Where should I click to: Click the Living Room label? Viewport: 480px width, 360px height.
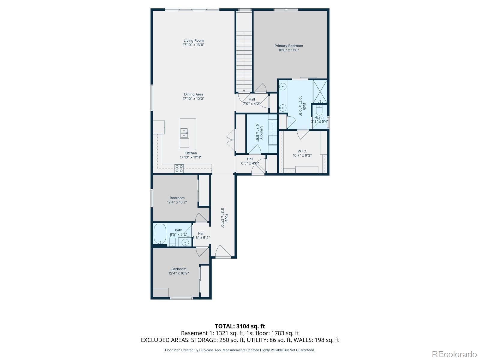click(193, 41)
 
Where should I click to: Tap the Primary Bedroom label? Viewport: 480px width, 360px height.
click(289, 46)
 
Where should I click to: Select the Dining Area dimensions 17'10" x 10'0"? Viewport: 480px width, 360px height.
click(193, 99)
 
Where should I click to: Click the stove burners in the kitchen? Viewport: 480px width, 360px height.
click(179, 169)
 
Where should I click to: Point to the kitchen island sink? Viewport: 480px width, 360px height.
click(184, 133)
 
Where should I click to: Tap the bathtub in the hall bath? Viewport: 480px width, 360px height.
click(160, 234)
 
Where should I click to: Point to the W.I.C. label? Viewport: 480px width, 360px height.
click(302, 151)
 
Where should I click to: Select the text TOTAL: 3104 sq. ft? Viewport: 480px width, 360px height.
click(240, 326)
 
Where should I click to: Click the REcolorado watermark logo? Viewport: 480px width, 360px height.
click(454, 354)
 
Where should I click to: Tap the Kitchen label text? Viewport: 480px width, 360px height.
click(190, 153)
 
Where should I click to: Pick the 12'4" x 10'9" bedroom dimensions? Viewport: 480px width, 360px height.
click(179, 273)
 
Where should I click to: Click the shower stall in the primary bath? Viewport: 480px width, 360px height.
click(320, 91)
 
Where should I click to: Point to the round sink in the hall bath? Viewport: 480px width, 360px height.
click(185, 242)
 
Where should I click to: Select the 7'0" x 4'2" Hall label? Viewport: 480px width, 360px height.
click(252, 102)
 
